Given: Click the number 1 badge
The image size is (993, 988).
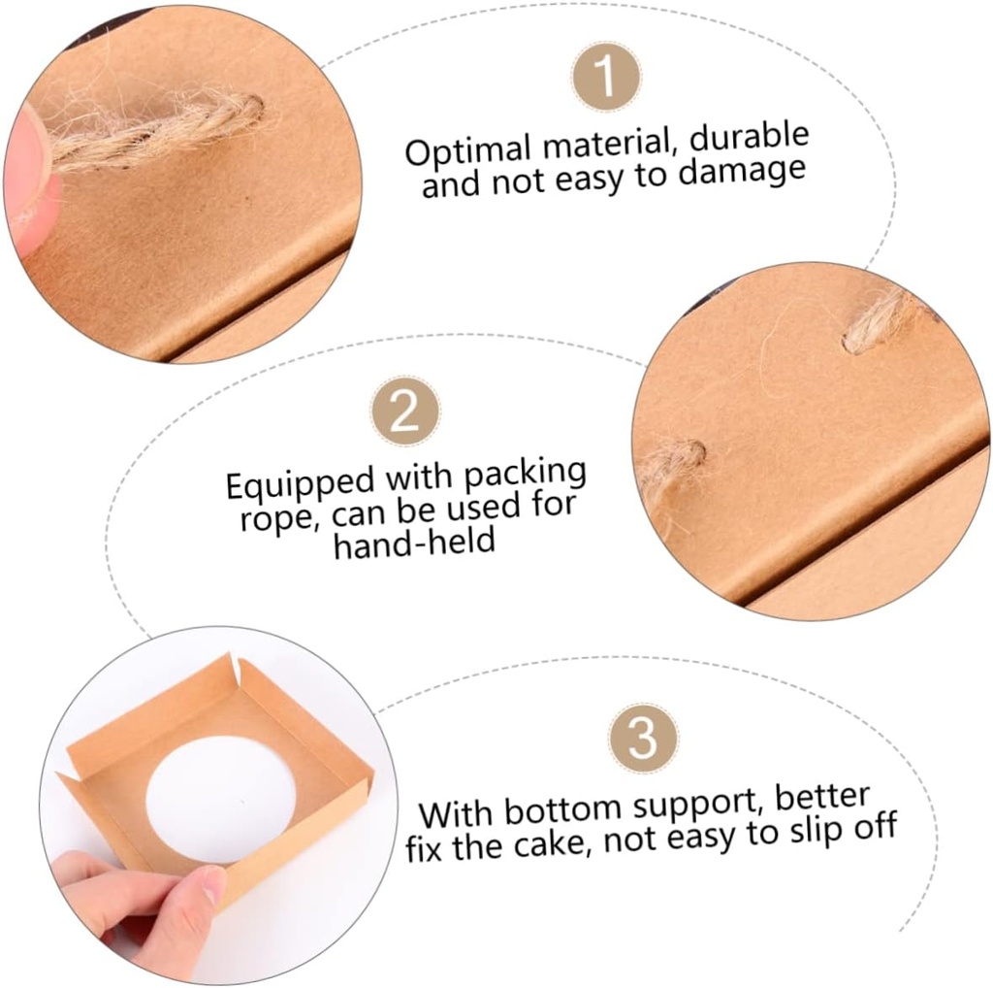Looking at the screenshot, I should [605, 77].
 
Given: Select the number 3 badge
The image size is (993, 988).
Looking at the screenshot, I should [642, 740].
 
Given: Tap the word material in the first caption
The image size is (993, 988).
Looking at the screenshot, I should [604, 146].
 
